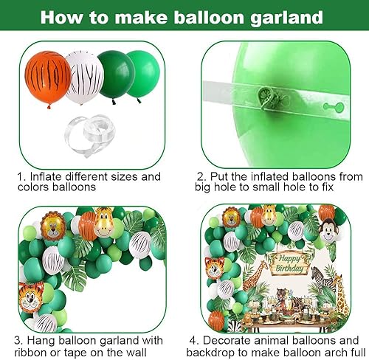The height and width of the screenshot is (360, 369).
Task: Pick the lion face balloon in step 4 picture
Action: pos(231,217)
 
